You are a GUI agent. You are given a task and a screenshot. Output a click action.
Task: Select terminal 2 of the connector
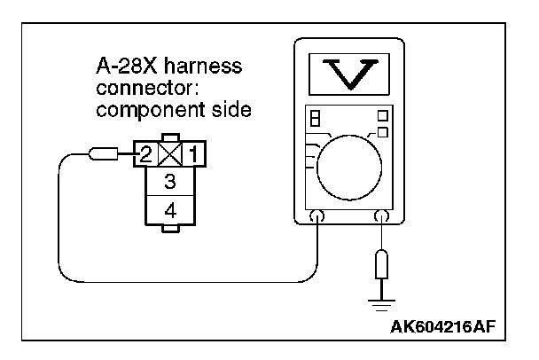pyautogui.click(x=146, y=155)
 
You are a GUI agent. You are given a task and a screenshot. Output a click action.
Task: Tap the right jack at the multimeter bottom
pyautogui.click(x=382, y=216)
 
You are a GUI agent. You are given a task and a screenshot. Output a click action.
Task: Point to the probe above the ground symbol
pyautogui.click(x=382, y=262)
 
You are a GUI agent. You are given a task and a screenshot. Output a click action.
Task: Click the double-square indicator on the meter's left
pyautogui.click(x=312, y=118)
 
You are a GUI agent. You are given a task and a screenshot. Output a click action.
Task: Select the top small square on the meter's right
pyautogui.click(x=382, y=115)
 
